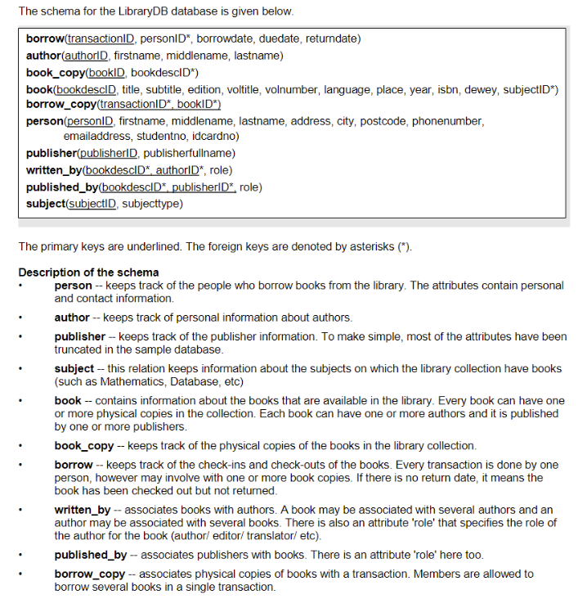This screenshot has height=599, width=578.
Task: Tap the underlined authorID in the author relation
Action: coord(88,56)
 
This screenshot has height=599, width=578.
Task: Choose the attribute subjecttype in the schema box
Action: coord(152,203)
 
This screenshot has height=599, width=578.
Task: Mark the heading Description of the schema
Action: coord(88,272)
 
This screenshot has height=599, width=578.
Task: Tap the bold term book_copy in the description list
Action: coord(84,445)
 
